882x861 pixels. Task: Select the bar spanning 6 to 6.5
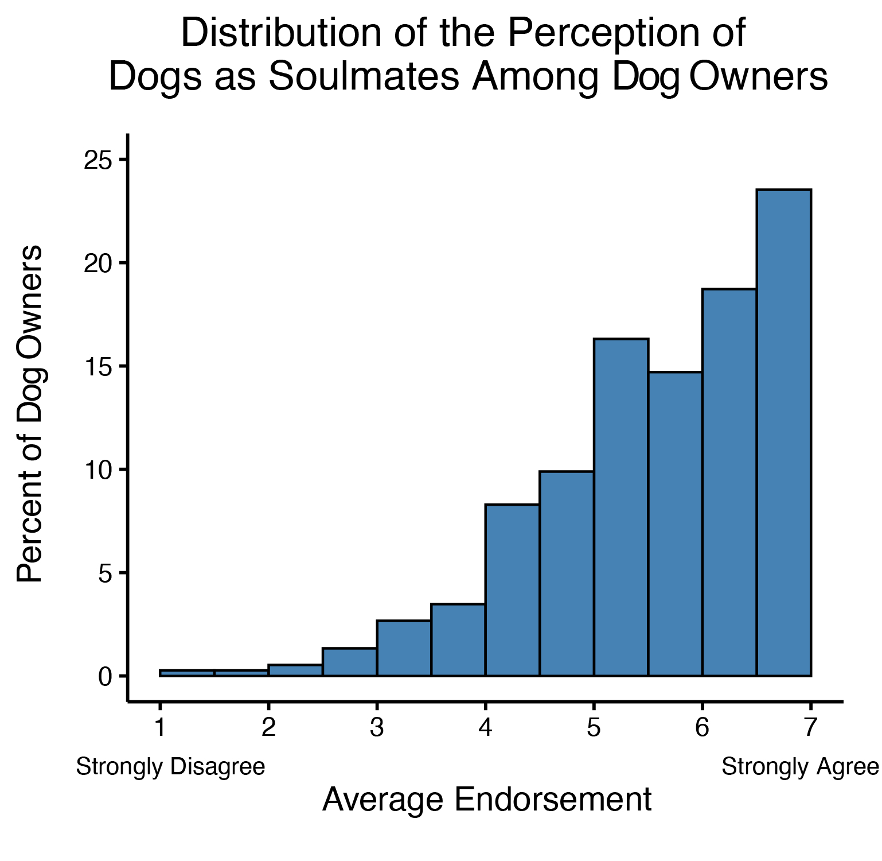tap(729, 483)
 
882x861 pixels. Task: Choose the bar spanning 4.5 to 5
tap(567, 573)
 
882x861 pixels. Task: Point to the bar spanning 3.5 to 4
tap(458, 640)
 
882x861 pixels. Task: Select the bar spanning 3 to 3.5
tap(404, 648)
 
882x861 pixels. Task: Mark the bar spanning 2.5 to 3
tap(350, 662)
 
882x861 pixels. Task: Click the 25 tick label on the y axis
tap(97, 160)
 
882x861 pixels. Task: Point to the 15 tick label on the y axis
tap(97, 367)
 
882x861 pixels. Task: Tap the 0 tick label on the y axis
tap(104, 677)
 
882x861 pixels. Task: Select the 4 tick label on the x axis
tap(485, 728)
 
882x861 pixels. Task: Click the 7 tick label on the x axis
tap(810, 728)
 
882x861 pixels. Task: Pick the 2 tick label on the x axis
tap(268, 728)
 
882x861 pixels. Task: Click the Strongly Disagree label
tap(170, 767)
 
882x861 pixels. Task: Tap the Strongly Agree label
tap(800, 767)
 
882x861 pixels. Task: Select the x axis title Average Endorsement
tap(487, 800)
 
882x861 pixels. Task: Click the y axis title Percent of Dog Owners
tap(30, 413)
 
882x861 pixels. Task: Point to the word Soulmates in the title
tap(364, 76)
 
